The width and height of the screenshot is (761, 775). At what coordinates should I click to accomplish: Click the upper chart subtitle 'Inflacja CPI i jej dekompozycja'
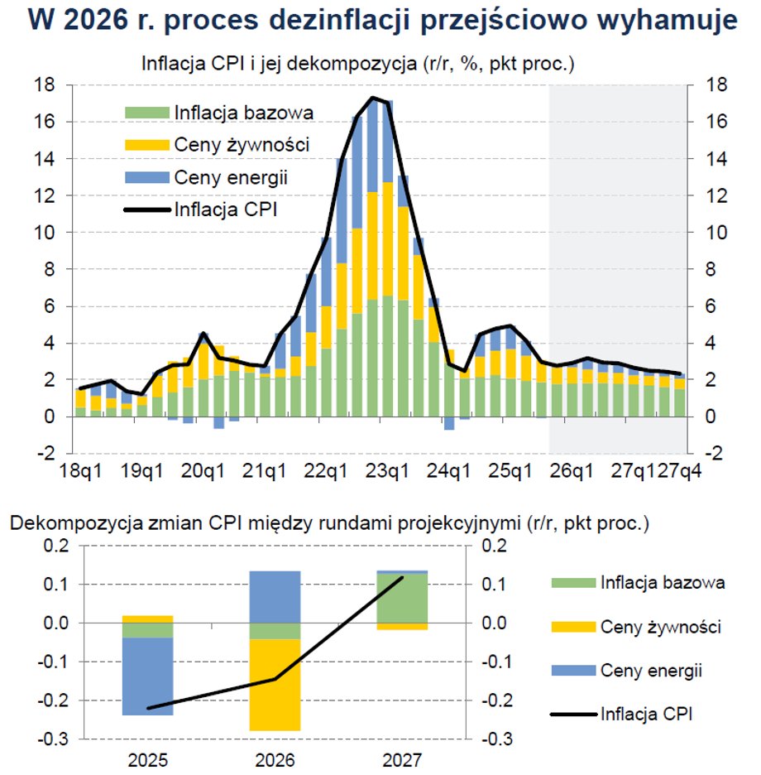[x=280, y=64]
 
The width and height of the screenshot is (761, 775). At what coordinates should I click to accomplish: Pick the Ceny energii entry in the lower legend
[x=652, y=670]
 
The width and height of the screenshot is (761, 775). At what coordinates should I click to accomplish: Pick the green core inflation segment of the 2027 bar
[x=403, y=597]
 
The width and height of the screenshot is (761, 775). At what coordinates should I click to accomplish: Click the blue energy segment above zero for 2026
[x=275, y=596]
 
